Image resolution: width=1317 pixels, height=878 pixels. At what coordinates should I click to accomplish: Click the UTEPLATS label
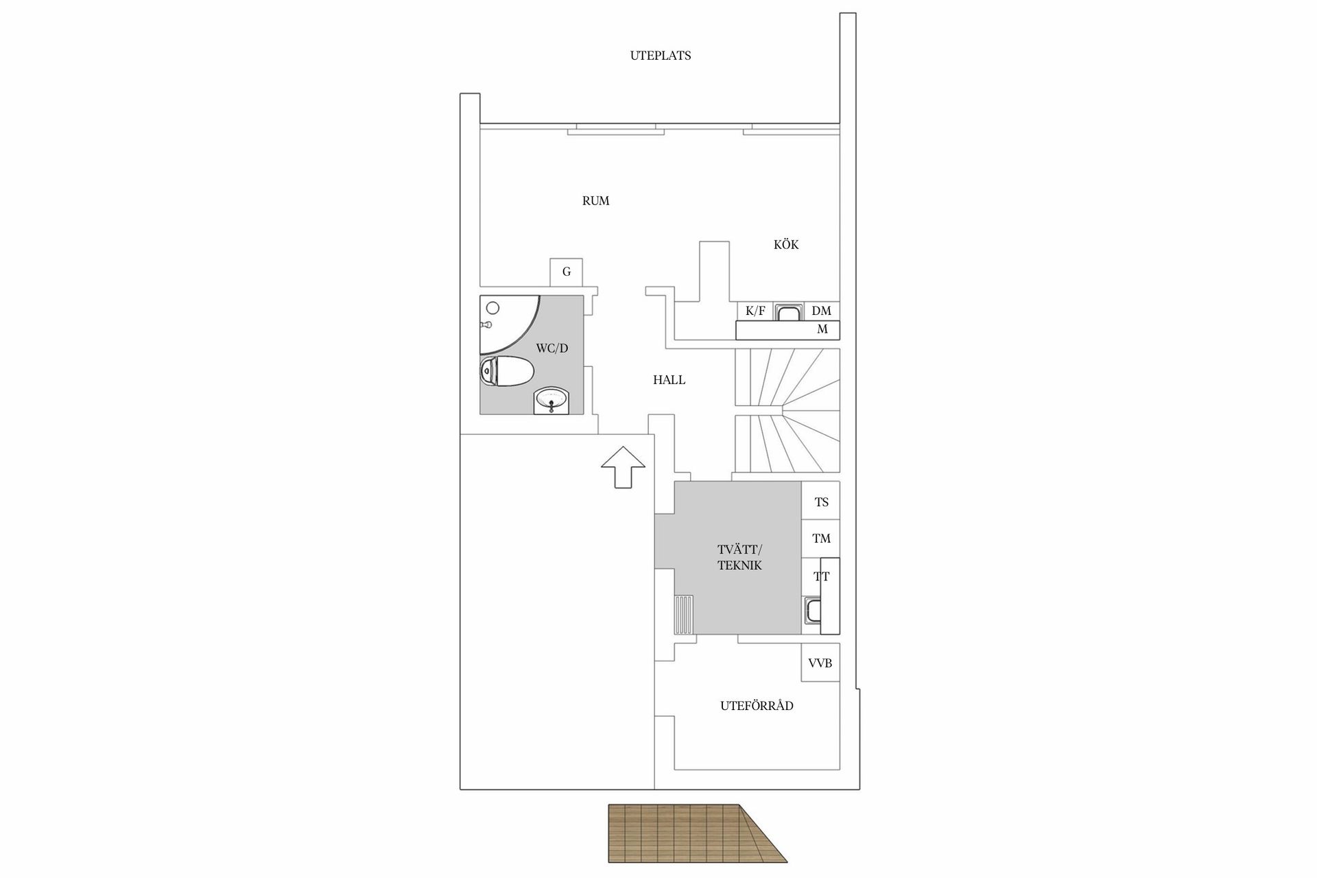(x=660, y=56)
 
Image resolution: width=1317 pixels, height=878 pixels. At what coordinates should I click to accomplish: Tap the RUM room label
(x=595, y=201)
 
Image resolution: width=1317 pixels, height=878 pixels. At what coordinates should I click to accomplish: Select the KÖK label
(x=786, y=245)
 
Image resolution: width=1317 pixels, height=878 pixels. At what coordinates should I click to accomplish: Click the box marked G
(x=567, y=272)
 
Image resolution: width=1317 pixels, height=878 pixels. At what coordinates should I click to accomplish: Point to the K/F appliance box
(x=755, y=311)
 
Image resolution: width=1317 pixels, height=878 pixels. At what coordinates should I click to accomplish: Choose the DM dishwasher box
(x=821, y=311)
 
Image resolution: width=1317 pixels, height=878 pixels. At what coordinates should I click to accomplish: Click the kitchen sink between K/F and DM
(x=788, y=313)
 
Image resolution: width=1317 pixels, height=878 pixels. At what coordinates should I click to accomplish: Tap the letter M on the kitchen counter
(x=822, y=330)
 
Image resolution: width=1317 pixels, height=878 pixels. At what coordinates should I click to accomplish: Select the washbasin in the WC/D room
(x=551, y=401)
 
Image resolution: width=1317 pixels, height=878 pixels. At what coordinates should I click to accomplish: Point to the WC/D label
(x=551, y=348)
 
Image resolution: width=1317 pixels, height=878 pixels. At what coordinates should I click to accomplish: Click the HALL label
(x=669, y=380)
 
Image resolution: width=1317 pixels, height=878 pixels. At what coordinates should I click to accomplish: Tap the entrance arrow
(x=623, y=466)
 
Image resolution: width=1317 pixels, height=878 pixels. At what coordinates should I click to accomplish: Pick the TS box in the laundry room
(x=821, y=502)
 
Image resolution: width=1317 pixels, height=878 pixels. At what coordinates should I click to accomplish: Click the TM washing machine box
(x=821, y=538)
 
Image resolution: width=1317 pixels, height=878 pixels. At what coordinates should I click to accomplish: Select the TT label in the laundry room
(x=821, y=577)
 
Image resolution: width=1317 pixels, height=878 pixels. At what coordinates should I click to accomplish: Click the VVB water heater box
(x=820, y=663)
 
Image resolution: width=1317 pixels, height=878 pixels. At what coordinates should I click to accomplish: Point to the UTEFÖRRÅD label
(x=757, y=706)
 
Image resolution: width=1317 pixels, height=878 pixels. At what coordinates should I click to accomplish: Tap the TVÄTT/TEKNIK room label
(x=739, y=558)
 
